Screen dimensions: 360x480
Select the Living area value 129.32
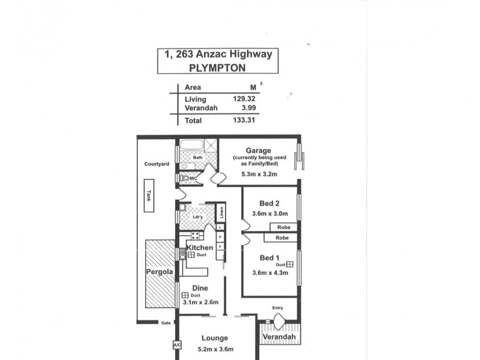coord(246,99)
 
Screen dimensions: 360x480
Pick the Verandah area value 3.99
coord(250,108)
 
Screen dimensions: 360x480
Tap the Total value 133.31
coord(246,121)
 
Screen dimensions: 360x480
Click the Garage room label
coord(259,151)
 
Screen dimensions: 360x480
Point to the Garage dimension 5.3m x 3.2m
coord(259,175)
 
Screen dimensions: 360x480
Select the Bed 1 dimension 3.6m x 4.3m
coord(269,272)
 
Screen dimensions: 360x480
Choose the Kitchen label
coord(200,247)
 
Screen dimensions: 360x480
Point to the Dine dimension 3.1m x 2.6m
coord(200,303)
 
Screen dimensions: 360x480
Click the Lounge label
coord(214,338)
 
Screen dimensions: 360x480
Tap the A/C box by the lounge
coord(176,346)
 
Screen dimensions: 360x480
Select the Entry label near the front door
coord(277,308)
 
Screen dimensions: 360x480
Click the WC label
coord(193,178)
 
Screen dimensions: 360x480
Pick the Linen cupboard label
coord(221,212)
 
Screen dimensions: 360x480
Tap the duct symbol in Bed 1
coord(289,263)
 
